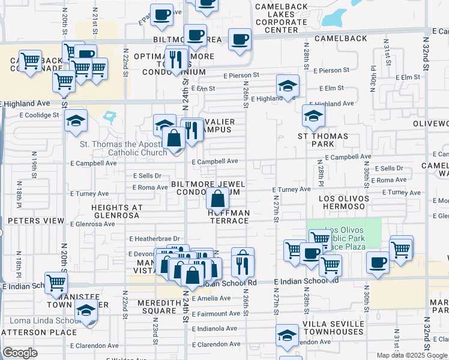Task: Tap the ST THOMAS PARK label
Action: pyautogui.click(x=323, y=140)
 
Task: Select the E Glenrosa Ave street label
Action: pyautogui.click(x=92, y=224)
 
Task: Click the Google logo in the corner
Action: pyautogui.click(x=20, y=353)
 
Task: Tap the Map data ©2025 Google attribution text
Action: pyautogui.click(x=412, y=355)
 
